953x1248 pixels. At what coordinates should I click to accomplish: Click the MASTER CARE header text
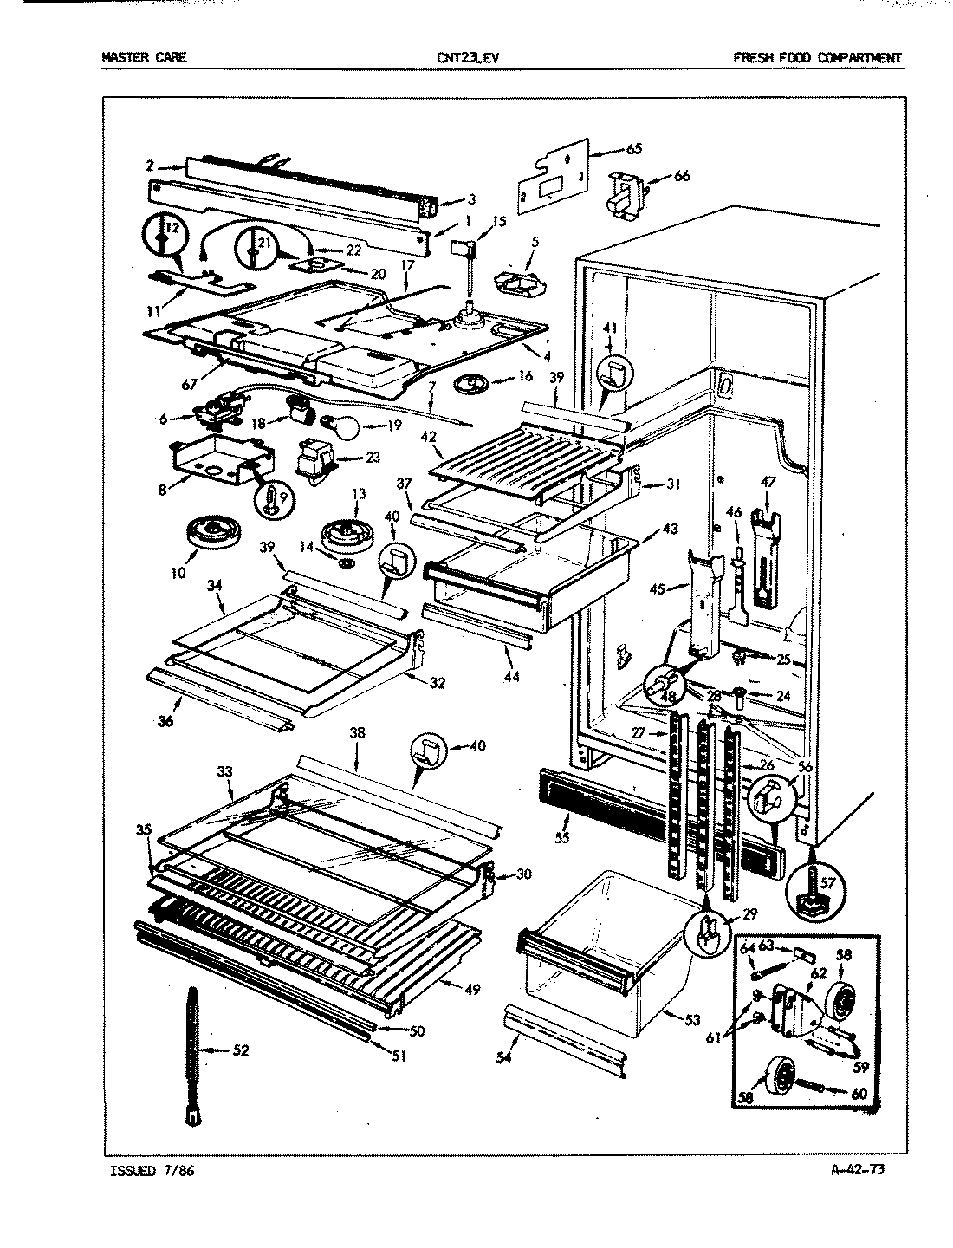tap(144, 58)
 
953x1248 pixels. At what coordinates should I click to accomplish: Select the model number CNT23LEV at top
tap(469, 58)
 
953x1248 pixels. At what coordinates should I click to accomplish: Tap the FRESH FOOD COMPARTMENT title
tap(817, 58)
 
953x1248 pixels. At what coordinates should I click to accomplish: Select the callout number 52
tap(243, 1051)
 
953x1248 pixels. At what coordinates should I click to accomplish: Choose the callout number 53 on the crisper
tap(691, 1020)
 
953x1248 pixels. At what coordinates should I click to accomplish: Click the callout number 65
tap(633, 149)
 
